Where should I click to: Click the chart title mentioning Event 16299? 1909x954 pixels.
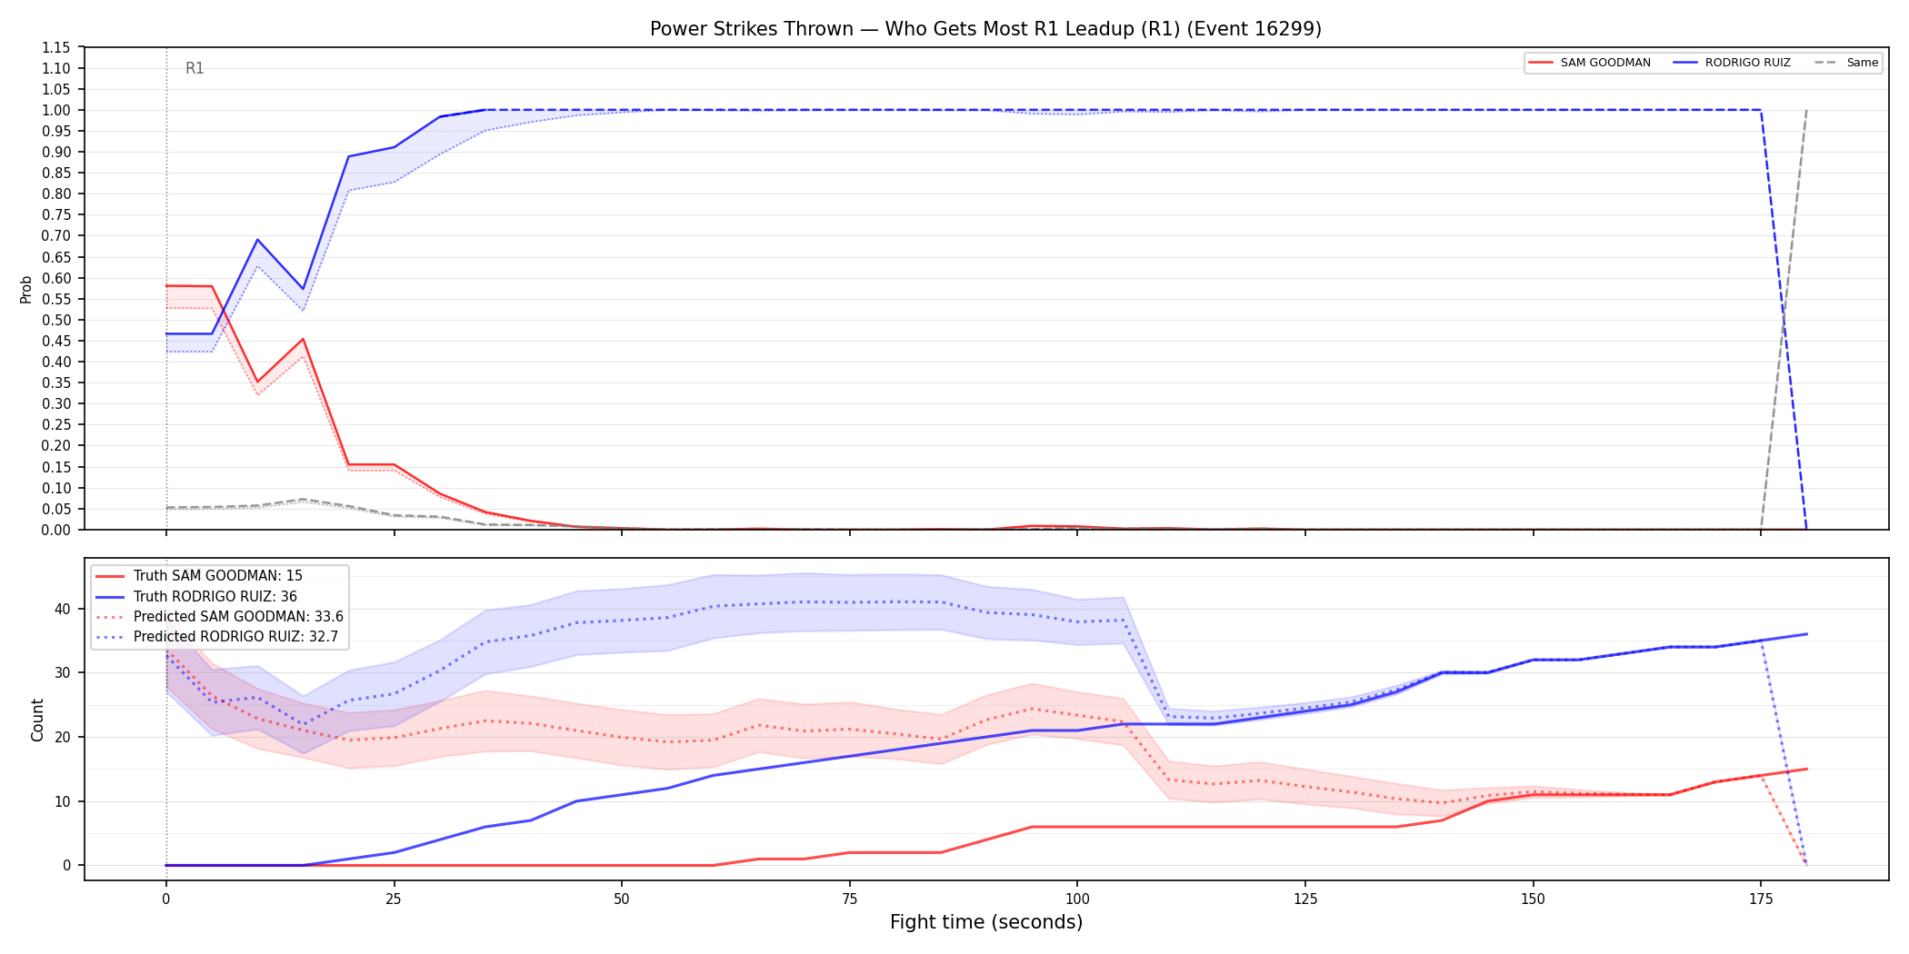tap(985, 29)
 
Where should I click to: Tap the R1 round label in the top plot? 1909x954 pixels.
tap(195, 68)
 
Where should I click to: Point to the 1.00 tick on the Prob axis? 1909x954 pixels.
tap(56, 110)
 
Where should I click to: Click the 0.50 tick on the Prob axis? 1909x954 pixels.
tap(56, 320)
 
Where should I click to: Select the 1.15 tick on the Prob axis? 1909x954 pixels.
tap(56, 47)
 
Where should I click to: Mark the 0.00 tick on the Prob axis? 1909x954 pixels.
tap(56, 530)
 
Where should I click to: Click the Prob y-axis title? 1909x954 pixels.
tap(26, 289)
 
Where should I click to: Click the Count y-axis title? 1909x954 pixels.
tap(37, 720)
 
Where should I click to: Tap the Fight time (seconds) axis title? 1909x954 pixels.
tap(986, 922)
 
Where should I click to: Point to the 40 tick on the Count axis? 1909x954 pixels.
tap(63, 609)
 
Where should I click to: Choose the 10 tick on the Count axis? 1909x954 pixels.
tap(63, 801)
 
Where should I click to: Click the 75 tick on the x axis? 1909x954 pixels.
tap(849, 899)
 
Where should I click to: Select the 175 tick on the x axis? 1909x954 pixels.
tap(1761, 899)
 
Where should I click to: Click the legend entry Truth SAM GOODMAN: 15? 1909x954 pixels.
tap(218, 576)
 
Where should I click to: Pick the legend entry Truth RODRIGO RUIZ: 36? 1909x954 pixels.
tap(215, 596)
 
